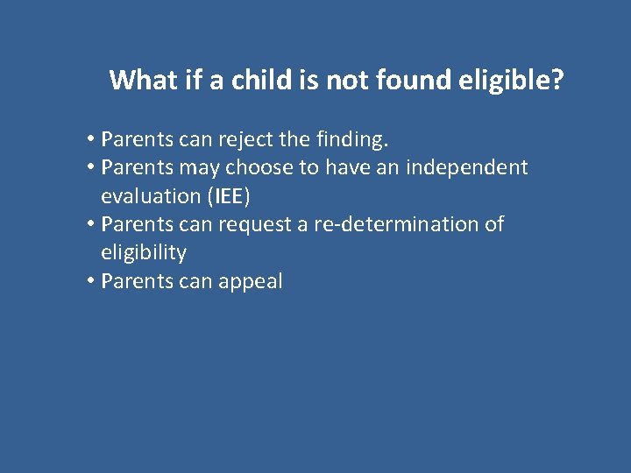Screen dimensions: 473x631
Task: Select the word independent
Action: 466,167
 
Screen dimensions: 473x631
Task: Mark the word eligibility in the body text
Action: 144,253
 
